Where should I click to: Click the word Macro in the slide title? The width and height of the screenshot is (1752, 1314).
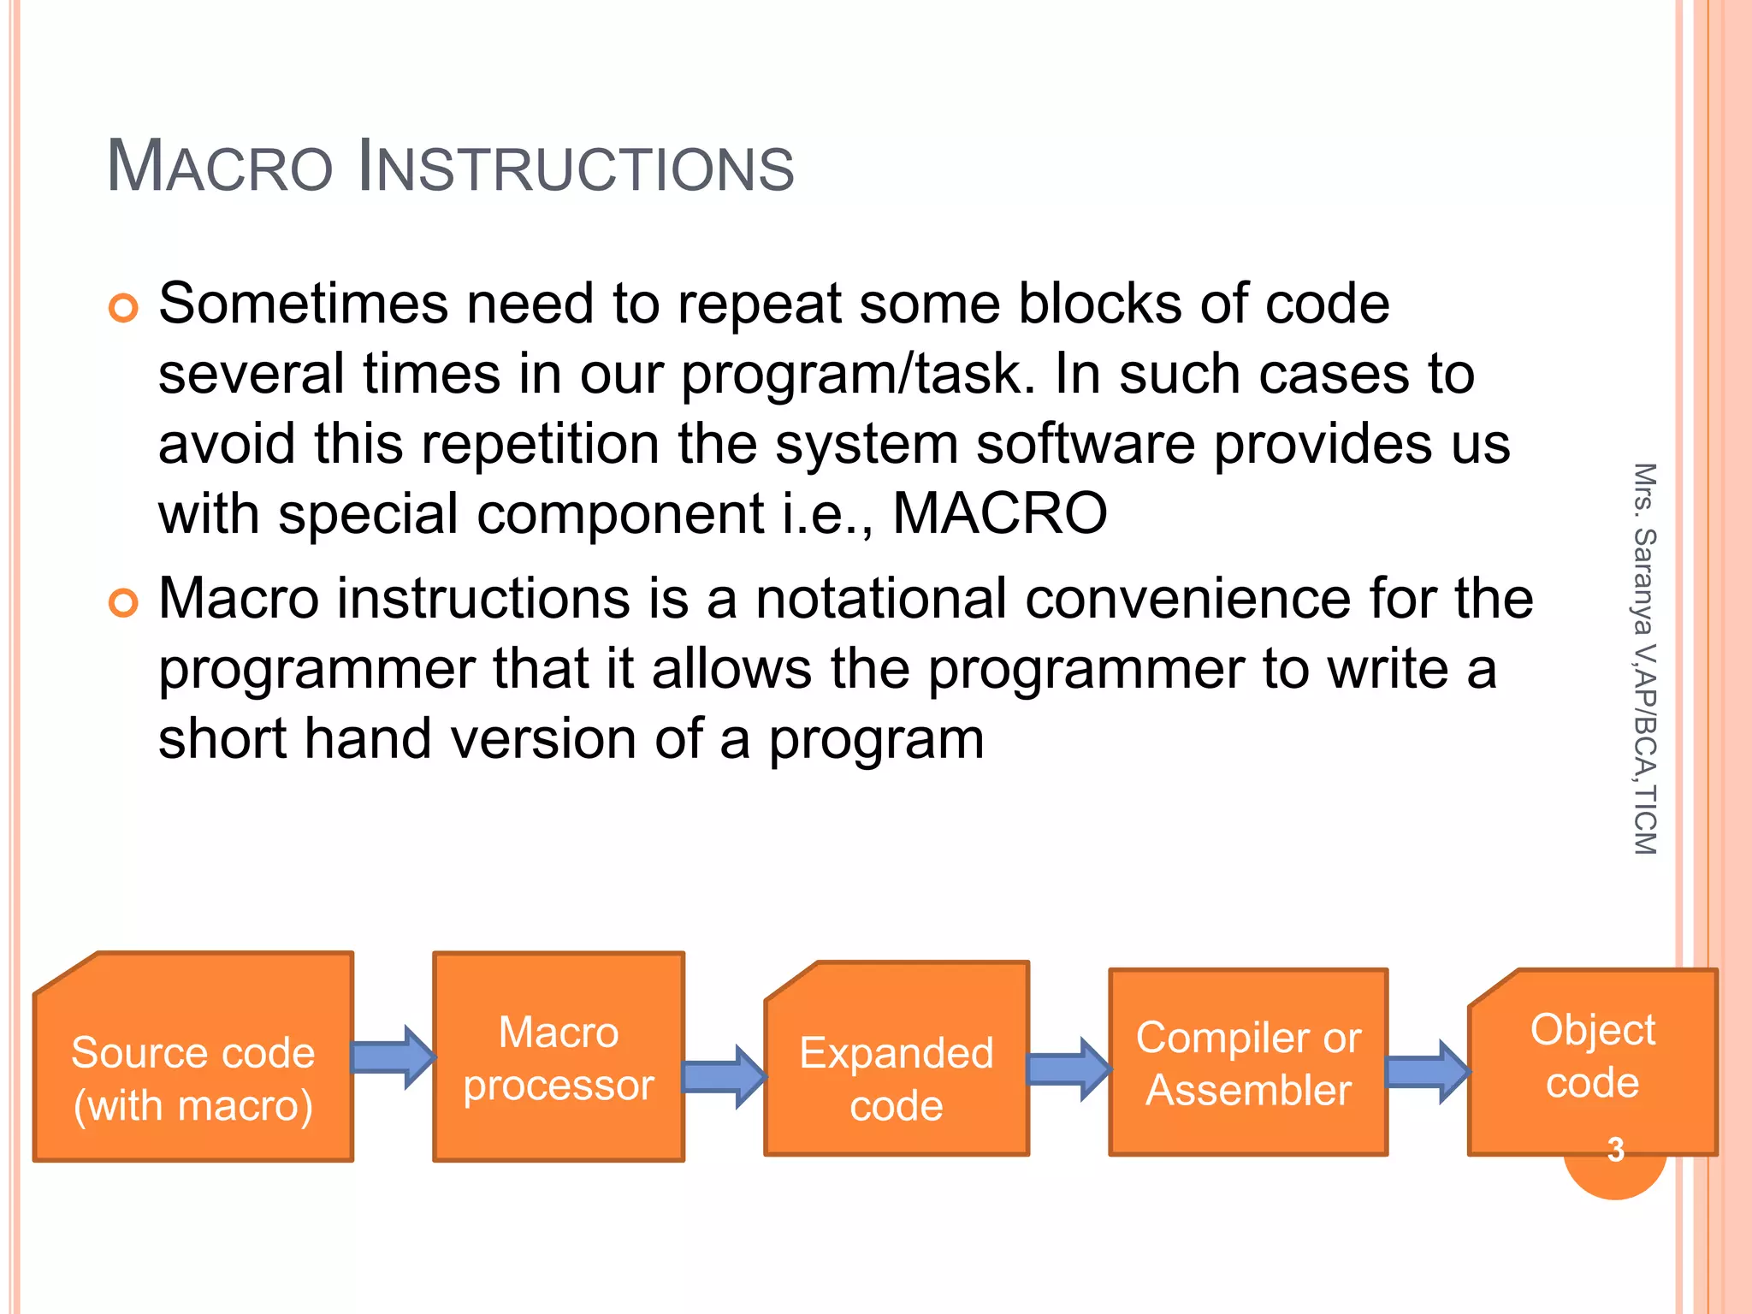(219, 167)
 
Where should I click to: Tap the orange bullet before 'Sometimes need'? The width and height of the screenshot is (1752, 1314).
(124, 308)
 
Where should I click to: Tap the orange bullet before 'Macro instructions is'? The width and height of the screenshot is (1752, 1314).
(124, 603)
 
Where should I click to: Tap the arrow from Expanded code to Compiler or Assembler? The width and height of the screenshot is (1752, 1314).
(1068, 1069)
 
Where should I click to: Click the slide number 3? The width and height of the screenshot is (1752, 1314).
(1615, 1150)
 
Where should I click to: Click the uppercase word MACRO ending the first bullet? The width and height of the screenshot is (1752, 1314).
(999, 514)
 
